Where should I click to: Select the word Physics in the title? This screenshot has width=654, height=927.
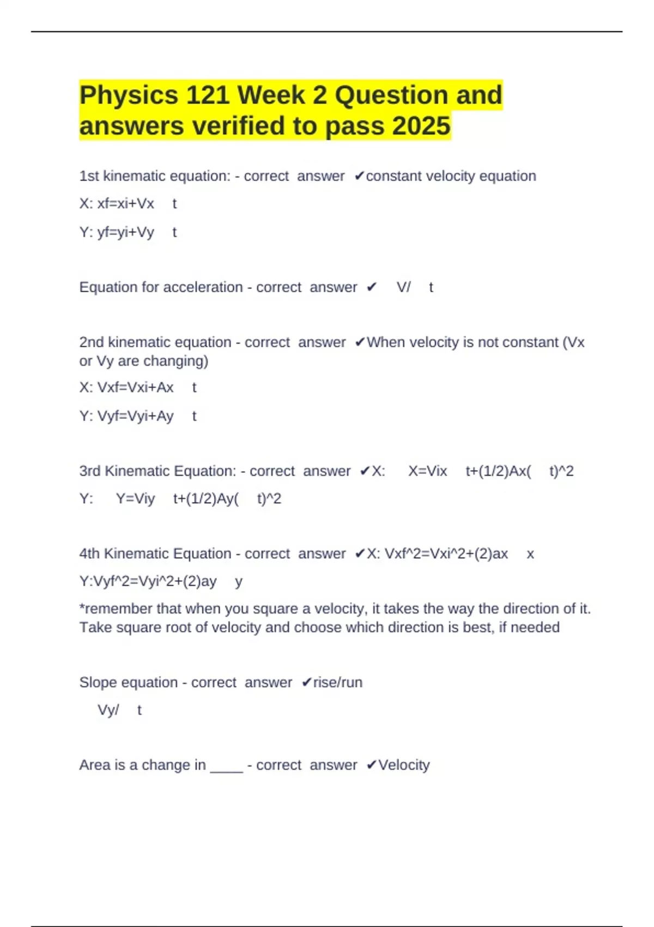(129, 95)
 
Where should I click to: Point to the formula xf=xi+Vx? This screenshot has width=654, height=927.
(125, 204)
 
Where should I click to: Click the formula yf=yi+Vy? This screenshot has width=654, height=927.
(125, 232)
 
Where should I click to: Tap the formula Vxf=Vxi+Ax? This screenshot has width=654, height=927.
(135, 388)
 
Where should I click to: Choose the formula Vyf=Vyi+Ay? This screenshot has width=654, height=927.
(135, 416)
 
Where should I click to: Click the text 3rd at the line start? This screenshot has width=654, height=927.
(89, 471)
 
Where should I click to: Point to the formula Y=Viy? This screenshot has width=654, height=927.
(135, 499)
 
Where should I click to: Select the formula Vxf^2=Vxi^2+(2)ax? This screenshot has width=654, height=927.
(446, 554)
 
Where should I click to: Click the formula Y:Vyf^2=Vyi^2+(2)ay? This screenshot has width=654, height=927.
(148, 581)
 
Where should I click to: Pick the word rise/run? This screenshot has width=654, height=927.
(337, 683)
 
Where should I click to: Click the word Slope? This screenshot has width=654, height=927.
(98, 683)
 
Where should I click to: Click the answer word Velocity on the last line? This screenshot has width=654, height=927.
(404, 765)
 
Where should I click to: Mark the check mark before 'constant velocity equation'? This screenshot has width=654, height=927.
(359, 176)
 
